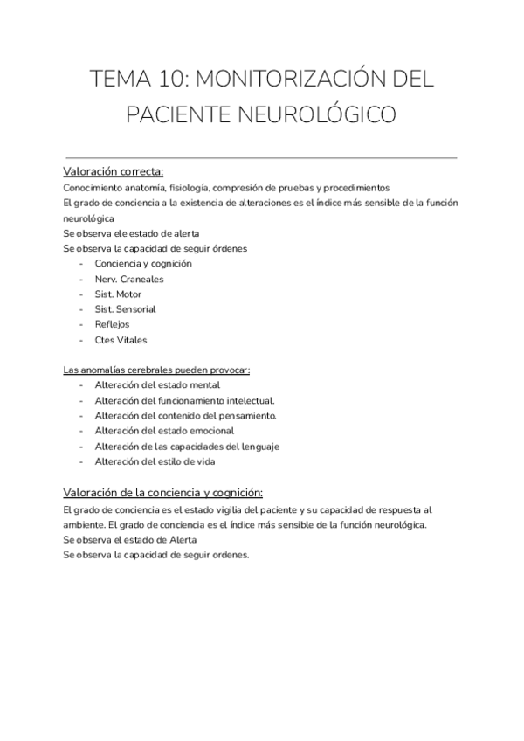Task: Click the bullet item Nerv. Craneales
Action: pos(129,279)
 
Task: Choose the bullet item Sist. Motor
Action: pos(118,294)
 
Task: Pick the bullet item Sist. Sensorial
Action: pos(125,309)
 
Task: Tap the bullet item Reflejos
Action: pos(113,324)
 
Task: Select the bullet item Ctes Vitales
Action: pos(121,340)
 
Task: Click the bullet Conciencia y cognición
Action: pos(143,264)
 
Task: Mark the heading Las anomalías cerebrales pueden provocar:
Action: pos(157,370)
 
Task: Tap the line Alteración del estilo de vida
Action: pos(155,461)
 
